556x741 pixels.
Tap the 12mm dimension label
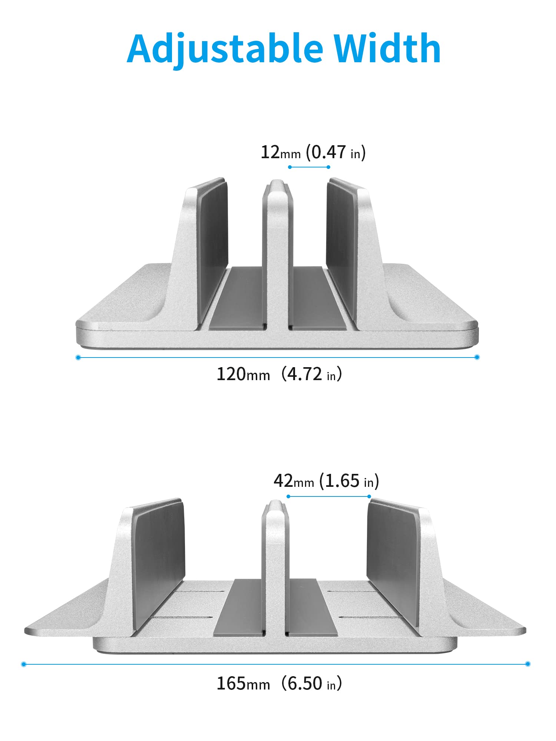(281, 152)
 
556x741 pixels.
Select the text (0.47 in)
(336, 152)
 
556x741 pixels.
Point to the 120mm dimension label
(243, 374)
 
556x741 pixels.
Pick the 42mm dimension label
(294, 481)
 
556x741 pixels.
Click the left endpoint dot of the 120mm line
(78, 358)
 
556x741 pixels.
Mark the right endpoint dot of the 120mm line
(477, 357)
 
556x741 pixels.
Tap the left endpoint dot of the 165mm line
(24, 664)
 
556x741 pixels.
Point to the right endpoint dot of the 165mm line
(528, 664)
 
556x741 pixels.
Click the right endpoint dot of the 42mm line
(369, 496)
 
